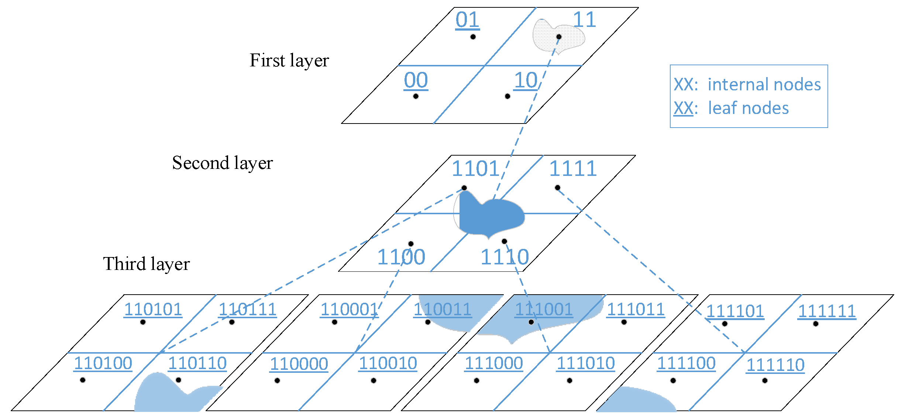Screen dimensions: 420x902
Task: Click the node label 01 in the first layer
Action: pyautogui.click(x=467, y=20)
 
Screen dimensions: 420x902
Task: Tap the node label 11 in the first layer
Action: pyautogui.click(x=584, y=20)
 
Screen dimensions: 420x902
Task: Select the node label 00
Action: pyautogui.click(x=416, y=80)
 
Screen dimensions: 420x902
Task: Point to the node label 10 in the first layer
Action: pyautogui.click(x=526, y=80)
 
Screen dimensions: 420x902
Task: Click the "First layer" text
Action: pyautogui.click(x=289, y=60)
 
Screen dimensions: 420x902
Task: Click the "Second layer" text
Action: pyautogui.click(x=222, y=163)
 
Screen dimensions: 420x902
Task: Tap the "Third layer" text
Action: pyautogui.click(x=146, y=264)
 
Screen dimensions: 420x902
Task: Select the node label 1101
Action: pyautogui.click(x=476, y=169)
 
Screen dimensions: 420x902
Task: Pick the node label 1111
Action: pyautogui.click(x=573, y=169)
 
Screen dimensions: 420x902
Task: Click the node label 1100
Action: pyautogui.click(x=401, y=257)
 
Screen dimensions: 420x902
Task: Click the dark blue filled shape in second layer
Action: pyautogui.click(x=491, y=218)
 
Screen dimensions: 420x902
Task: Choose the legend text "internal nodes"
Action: pyautogui.click(x=764, y=84)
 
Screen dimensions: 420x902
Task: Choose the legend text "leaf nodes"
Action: pyautogui.click(x=748, y=108)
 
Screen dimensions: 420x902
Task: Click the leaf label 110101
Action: pyautogui.click(x=153, y=310)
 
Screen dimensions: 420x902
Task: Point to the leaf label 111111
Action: pyautogui.click(x=827, y=311)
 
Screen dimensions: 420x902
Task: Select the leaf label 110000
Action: pyautogui.click(x=299, y=364)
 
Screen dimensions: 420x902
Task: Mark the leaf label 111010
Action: pyautogui.click(x=586, y=364)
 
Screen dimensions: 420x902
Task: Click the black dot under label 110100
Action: pyautogui.click(x=83, y=380)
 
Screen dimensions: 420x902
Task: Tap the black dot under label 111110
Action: pyautogui.click(x=765, y=380)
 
